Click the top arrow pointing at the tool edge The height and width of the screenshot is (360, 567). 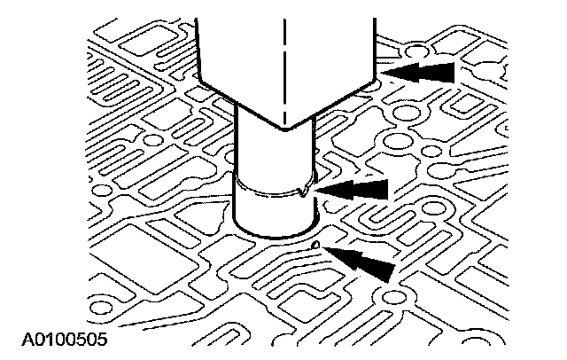pos(425,71)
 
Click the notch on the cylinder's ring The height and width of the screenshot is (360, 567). pos(306,190)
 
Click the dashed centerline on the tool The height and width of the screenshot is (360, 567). pos(284,53)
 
